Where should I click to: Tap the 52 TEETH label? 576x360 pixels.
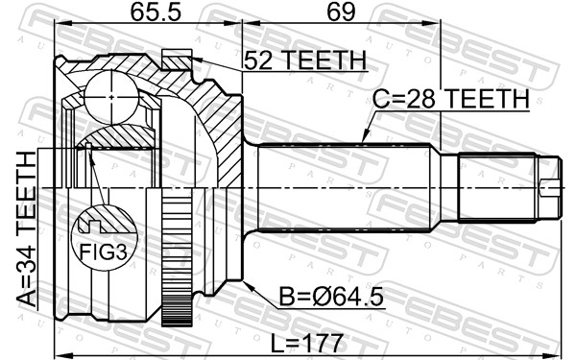[304, 60]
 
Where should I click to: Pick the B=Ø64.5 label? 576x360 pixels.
[332, 298]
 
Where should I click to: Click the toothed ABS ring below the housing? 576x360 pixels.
[174, 258]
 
